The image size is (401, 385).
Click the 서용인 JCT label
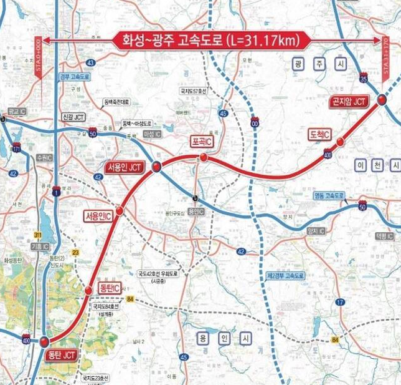pyautogui.click(x=126, y=167)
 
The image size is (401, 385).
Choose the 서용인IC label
pyautogui.click(x=98, y=215)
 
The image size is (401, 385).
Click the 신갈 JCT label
pyautogui.click(x=73, y=117)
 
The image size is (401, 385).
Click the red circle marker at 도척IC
pyautogui.click(x=340, y=143)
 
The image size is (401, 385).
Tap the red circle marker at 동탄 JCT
pyautogui.click(x=44, y=341)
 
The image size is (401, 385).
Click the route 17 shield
pyautogui.click(x=340, y=302)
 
